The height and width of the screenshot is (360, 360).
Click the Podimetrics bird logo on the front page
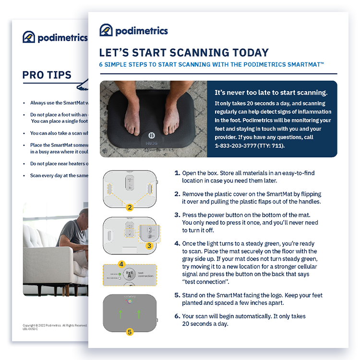click(106, 30)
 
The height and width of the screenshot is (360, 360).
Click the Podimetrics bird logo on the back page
click(29, 37)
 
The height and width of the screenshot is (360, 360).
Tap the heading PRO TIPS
click(47, 75)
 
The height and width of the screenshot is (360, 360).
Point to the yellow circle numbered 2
click(129, 207)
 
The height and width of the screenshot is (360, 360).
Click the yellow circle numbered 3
click(149, 245)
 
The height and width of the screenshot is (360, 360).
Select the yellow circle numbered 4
click(121, 264)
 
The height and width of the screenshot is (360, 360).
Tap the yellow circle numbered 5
click(129, 331)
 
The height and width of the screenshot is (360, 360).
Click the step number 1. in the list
click(177, 173)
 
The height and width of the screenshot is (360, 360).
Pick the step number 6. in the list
click(177, 316)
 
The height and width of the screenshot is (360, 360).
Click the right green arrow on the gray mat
click(139, 314)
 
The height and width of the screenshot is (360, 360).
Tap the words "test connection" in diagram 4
click(145, 274)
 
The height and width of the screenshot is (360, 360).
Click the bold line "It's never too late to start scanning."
click(271, 93)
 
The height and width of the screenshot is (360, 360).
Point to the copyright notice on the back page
click(55, 325)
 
